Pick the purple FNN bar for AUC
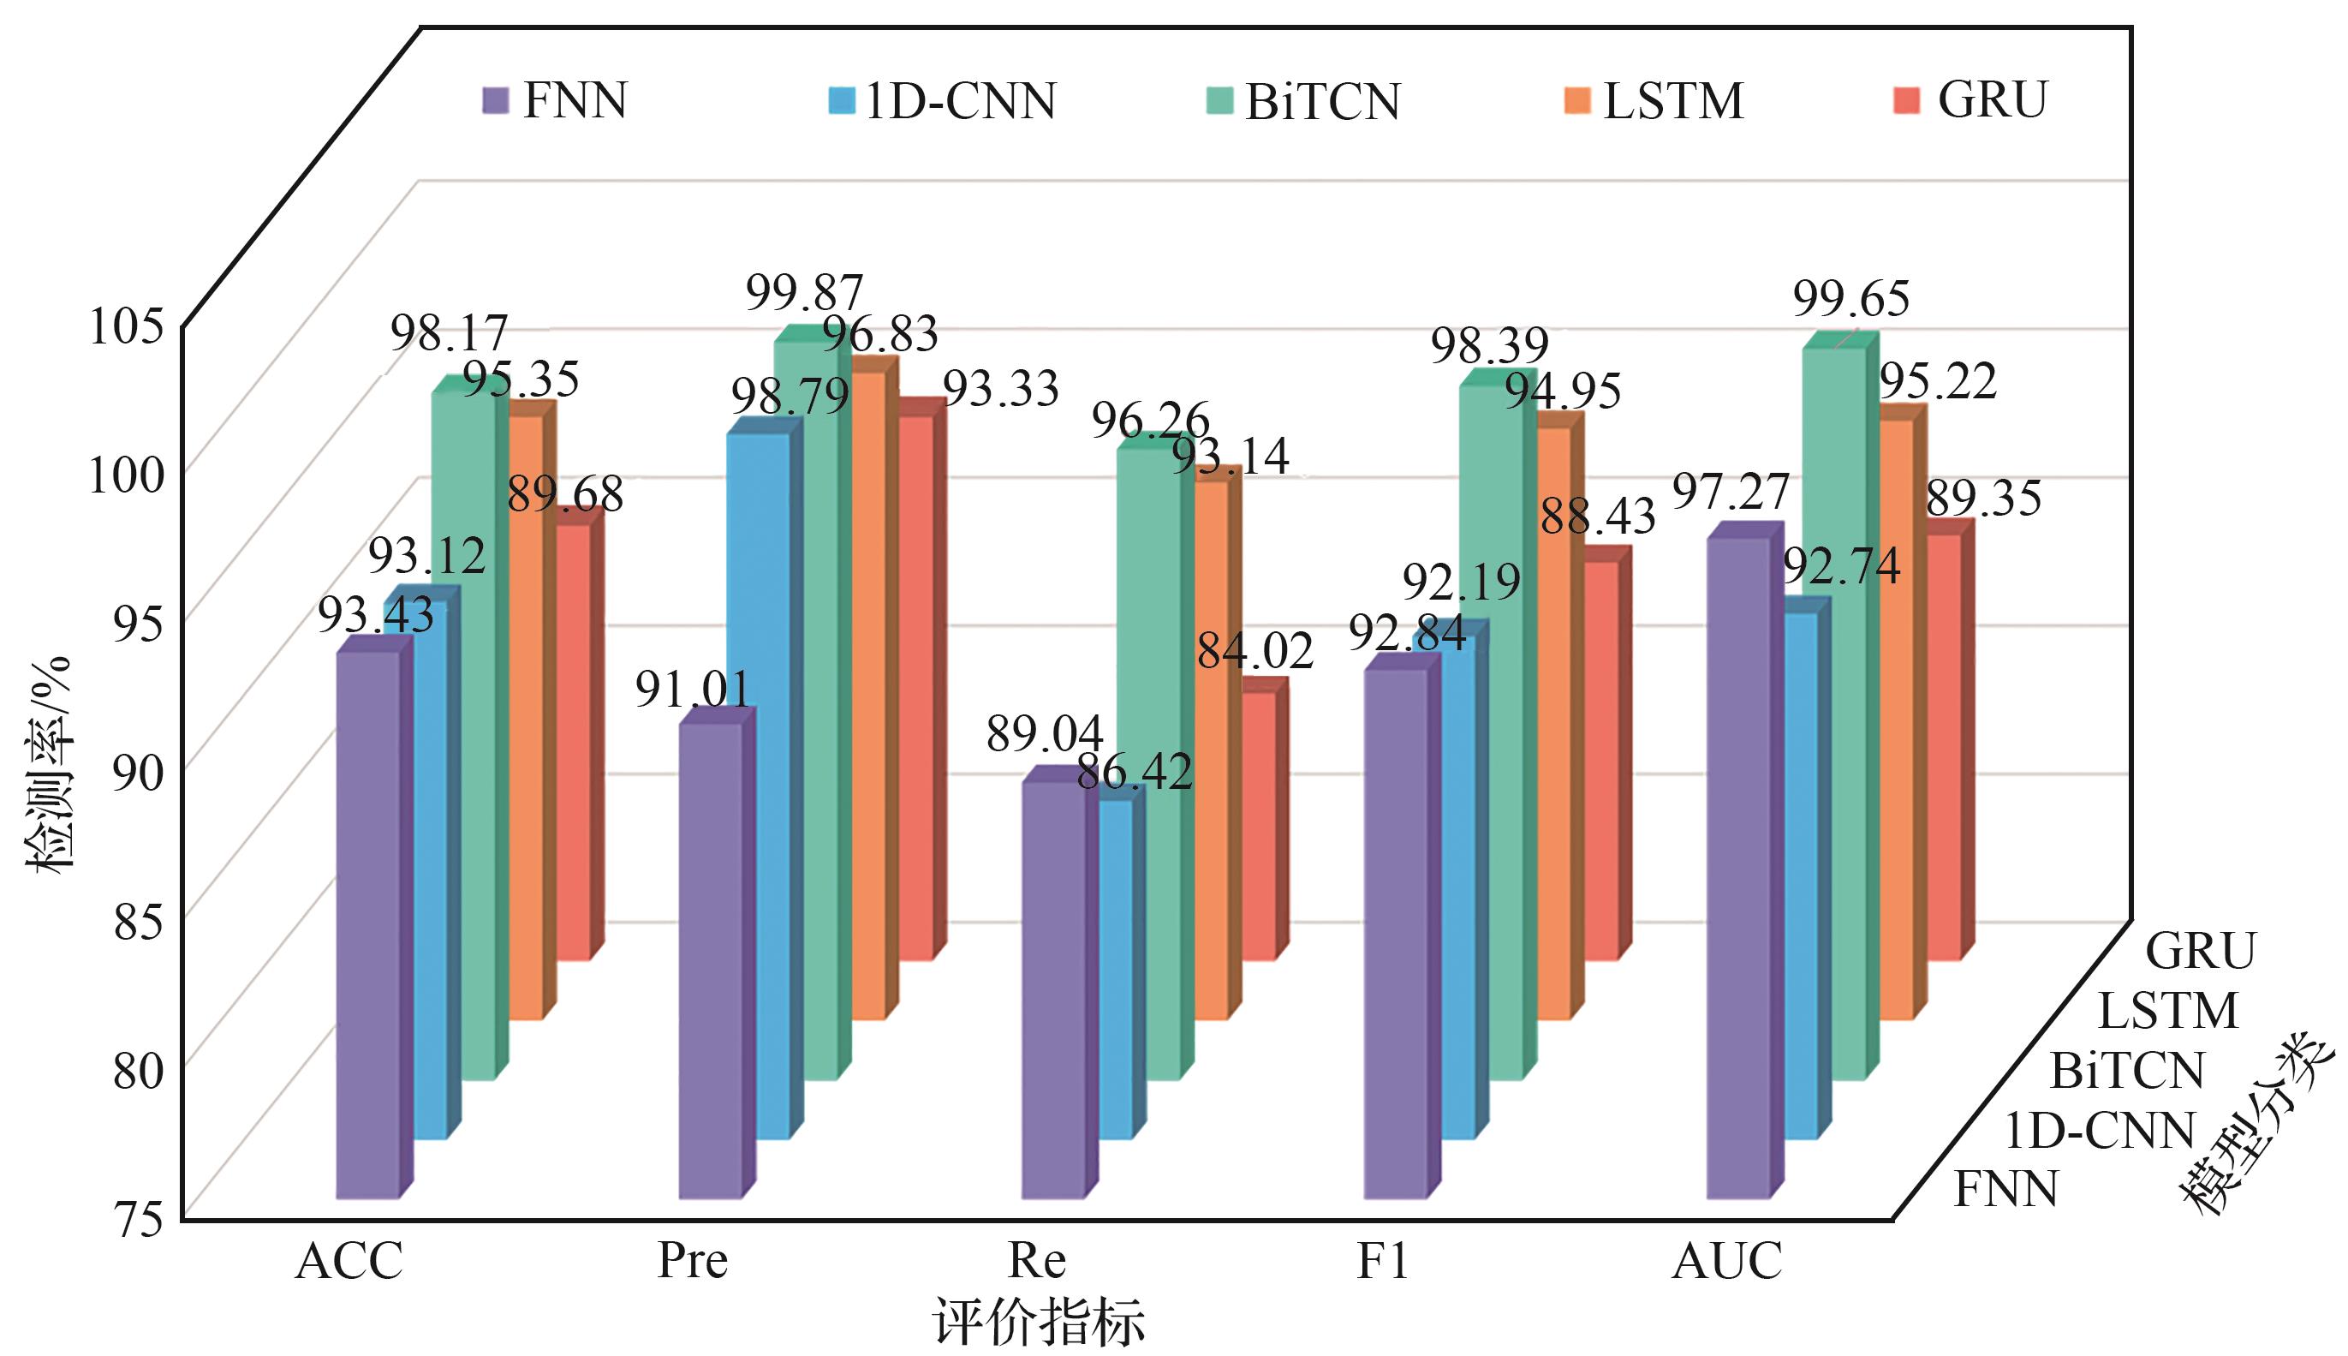point(1737,866)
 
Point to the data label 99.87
point(804,293)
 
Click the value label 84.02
point(1255,651)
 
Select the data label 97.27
point(1731,492)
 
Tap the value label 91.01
point(693,690)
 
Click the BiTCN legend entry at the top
point(1303,100)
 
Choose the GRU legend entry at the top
point(1971,99)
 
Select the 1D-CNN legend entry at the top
point(942,100)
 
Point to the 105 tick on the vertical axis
point(126,327)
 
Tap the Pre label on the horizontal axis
point(692,1261)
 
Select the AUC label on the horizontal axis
point(1727,1261)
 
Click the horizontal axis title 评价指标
point(1038,1321)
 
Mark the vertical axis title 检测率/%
point(49,764)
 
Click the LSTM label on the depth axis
point(2167,1011)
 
